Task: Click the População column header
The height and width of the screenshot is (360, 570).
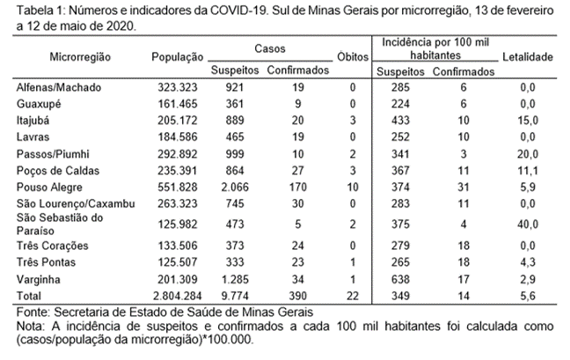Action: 178,57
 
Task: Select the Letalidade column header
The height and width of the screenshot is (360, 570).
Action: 528,56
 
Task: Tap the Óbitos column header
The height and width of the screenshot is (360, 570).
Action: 353,56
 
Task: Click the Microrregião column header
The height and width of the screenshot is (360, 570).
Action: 80,57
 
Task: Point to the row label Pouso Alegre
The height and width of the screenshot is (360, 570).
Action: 49,187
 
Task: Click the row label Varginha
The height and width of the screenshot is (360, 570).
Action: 38,280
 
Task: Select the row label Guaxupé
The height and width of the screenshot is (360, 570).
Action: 39,104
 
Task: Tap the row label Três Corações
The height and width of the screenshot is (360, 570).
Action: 53,246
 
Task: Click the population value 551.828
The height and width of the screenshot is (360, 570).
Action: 178,187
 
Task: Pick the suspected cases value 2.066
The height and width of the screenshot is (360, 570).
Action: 235,187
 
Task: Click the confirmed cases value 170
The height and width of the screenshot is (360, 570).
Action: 297,187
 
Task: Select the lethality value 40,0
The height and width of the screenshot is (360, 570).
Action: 528,224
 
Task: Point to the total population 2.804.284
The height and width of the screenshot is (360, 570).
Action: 178,296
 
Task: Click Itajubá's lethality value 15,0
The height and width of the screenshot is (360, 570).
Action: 528,121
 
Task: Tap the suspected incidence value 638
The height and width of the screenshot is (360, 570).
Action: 400,280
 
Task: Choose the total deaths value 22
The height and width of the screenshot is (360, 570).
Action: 353,296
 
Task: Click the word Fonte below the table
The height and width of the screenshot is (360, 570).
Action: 33,312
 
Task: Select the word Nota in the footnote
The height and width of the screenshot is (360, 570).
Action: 30,327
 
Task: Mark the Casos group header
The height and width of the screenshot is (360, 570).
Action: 270,48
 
